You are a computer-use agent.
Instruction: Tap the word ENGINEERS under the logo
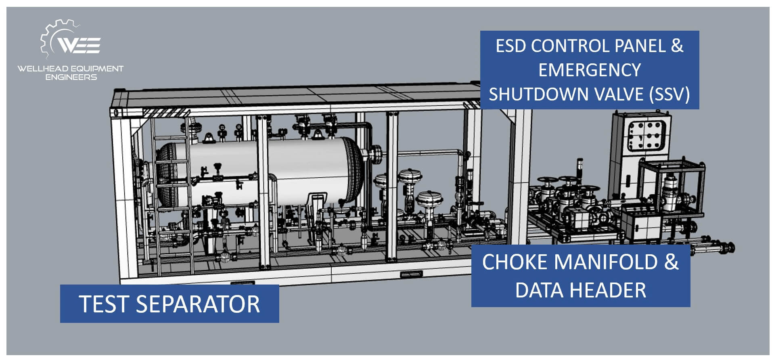[x=71, y=77]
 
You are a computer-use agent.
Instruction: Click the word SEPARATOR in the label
[x=198, y=304]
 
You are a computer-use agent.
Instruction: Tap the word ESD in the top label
[x=510, y=46]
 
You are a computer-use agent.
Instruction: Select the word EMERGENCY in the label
[x=590, y=70]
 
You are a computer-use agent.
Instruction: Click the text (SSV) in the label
[x=669, y=94]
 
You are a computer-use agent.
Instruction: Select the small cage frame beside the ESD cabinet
[x=672, y=187]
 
